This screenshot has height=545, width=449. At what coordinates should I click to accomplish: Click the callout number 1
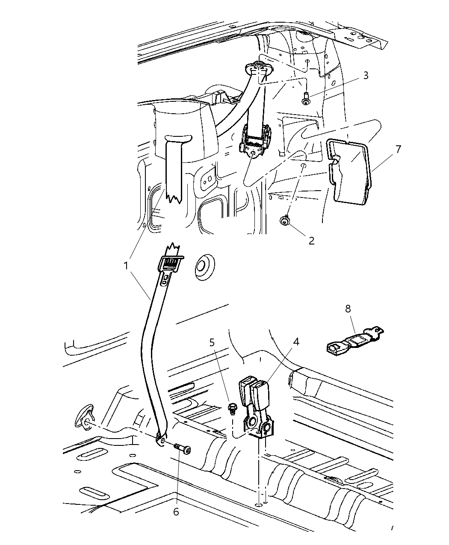pyautogui.click(x=126, y=266)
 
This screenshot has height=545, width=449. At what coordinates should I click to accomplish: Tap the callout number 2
pyautogui.click(x=311, y=241)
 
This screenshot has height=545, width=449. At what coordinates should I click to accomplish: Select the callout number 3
pyautogui.click(x=366, y=76)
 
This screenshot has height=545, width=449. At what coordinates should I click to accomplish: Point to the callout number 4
pyautogui.click(x=296, y=342)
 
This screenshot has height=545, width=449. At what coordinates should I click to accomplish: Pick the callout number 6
pyautogui.click(x=177, y=499)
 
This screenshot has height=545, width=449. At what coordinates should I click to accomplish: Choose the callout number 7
pyautogui.click(x=398, y=149)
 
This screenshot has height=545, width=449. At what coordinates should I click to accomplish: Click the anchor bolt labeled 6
pyautogui.click(x=183, y=449)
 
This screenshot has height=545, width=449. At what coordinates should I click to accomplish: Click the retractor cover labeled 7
pyautogui.click(x=349, y=171)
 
